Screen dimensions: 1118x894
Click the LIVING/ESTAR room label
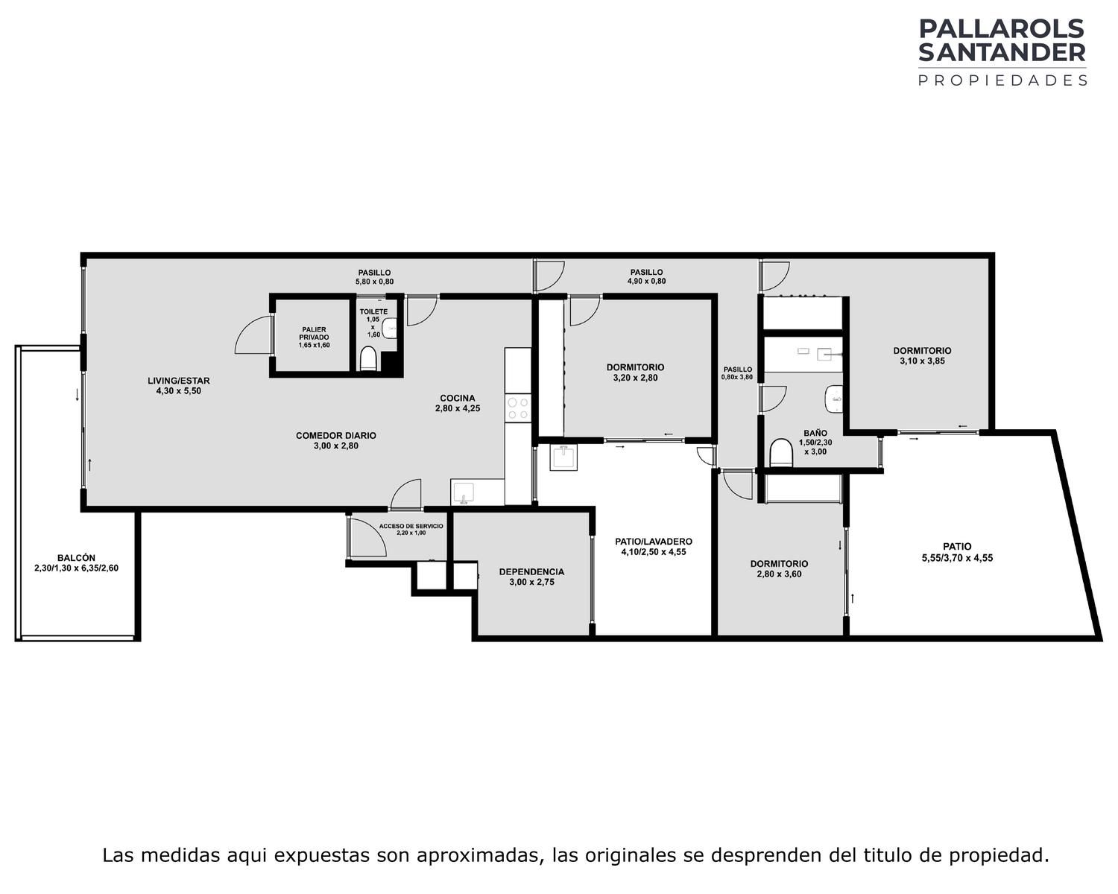pos(178,381)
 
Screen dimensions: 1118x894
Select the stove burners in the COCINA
pos(517,408)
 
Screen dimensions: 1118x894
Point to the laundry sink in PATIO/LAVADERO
pos(563,457)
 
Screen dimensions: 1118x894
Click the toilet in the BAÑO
pos(780,453)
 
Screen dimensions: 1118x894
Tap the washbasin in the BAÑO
pos(833,399)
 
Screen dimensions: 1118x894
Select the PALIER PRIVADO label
pos(314,334)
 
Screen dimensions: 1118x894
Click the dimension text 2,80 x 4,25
pos(457,408)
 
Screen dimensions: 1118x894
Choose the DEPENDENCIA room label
pos(531,572)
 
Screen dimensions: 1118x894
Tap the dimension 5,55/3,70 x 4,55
pos(957,558)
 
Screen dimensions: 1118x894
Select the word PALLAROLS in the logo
pos(1002,29)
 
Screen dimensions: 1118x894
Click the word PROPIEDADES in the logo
pos(1002,80)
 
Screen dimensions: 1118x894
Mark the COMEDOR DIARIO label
pos(335,435)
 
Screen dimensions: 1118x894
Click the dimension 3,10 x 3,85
pos(922,361)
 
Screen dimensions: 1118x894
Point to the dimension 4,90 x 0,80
pos(646,281)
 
